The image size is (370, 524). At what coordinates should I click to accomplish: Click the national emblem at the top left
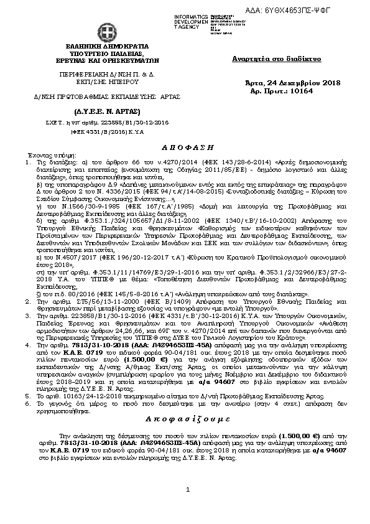pyautogui.click(x=106, y=33)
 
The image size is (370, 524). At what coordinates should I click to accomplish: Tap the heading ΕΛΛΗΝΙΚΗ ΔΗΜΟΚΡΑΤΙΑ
pyautogui.click(x=106, y=47)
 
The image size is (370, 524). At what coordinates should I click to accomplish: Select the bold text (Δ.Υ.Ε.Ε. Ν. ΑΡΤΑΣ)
pyautogui.click(x=93, y=110)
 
